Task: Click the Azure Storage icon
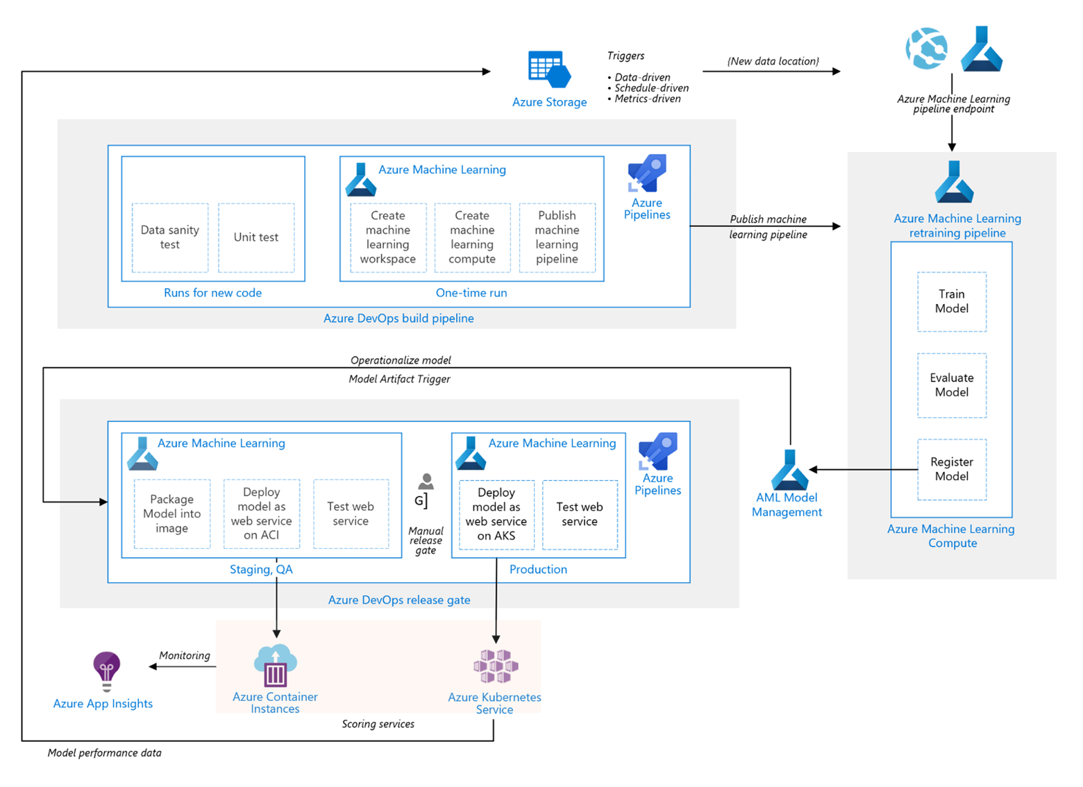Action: point(549,69)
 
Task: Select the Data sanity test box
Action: point(170,237)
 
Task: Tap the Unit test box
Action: point(256,237)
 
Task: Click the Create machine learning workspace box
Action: point(388,237)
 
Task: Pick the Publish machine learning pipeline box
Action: point(557,237)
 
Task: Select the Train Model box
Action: point(951,302)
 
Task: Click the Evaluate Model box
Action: point(951,385)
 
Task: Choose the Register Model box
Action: point(951,469)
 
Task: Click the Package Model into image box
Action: point(172,514)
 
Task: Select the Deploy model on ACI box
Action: point(262,514)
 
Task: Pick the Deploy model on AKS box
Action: point(496,514)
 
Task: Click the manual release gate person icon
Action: point(426,482)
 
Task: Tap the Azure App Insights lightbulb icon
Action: point(106,670)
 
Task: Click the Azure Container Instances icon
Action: point(276,666)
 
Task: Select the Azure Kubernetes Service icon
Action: point(496,666)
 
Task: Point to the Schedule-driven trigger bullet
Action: point(651,88)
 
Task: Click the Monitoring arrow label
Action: point(184,655)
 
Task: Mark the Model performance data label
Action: point(104,753)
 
